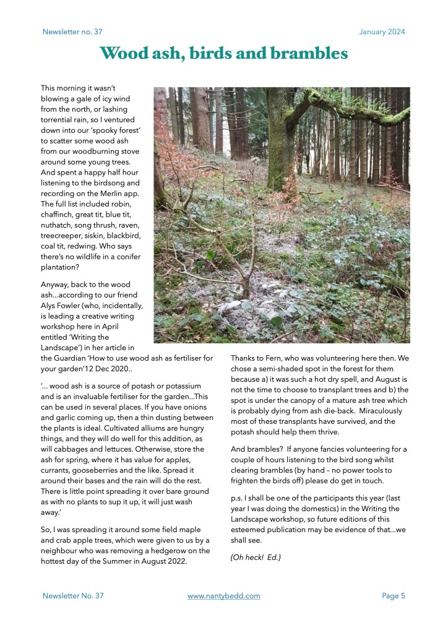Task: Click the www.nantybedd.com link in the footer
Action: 223,596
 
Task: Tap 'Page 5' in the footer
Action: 393,596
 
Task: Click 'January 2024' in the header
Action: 382,32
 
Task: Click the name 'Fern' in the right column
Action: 267,358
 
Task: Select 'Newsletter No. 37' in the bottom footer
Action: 73,596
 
